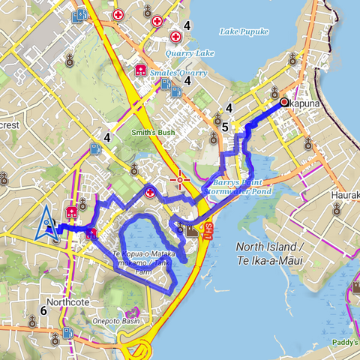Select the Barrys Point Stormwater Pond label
(x=238, y=187)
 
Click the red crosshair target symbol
(x=179, y=180)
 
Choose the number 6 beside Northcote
(x=43, y=310)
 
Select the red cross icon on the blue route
(x=150, y=193)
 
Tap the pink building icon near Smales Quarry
(x=139, y=70)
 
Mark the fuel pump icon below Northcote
(x=68, y=332)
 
